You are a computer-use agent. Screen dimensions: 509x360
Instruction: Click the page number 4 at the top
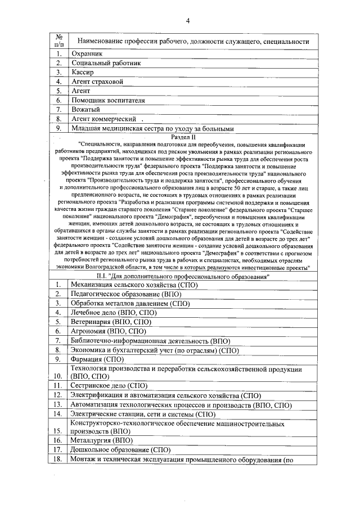188,21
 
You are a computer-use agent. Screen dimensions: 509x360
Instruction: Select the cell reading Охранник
86,53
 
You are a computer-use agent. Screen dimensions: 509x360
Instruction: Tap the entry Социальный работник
106,63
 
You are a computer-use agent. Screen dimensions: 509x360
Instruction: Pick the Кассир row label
82,73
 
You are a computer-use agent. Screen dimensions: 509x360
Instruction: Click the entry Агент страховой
97,82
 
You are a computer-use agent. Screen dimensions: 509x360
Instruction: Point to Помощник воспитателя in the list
108,101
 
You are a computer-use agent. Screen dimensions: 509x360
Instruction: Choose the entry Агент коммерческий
104,119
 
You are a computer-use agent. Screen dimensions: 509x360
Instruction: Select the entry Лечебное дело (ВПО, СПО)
113,313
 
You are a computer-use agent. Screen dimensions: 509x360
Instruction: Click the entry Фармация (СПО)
96,359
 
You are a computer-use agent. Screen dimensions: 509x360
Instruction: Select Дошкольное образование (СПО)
119,449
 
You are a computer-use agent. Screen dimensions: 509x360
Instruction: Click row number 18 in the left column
58,459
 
